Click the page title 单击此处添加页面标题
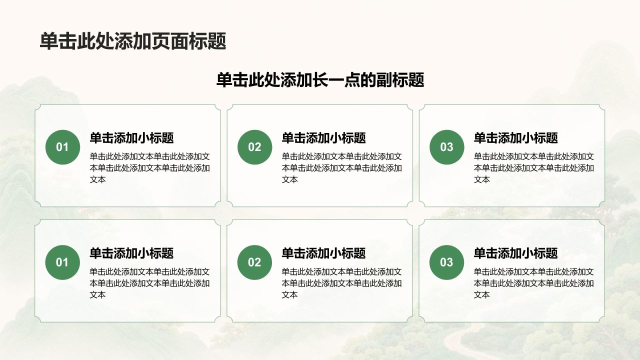pyautogui.click(x=133, y=41)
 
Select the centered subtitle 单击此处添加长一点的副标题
pyautogui.click(x=320, y=80)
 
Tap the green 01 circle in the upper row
pyautogui.click(x=62, y=147)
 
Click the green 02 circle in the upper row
pyautogui.click(x=254, y=147)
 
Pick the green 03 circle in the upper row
pyautogui.click(x=446, y=147)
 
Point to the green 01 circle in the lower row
pyautogui.click(x=62, y=262)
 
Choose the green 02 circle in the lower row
pyautogui.click(x=254, y=262)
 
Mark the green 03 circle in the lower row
pyautogui.click(x=446, y=262)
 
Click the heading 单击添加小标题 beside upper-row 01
pyautogui.click(x=131, y=138)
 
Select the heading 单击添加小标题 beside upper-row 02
pyautogui.click(x=323, y=138)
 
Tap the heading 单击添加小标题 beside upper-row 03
pyautogui.click(x=515, y=138)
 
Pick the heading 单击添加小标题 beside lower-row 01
pyautogui.click(x=131, y=253)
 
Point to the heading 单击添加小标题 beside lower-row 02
pyautogui.click(x=323, y=253)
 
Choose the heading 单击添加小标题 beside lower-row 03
pyautogui.click(x=515, y=253)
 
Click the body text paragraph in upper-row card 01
pyautogui.click(x=149, y=168)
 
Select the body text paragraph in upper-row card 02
pyautogui.click(x=341, y=168)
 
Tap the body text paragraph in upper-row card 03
pyautogui.click(x=533, y=168)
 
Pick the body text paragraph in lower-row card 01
pyautogui.click(x=149, y=283)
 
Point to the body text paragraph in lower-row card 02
pyautogui.click(x=341, y=283)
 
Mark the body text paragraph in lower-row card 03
pyautogui.click(x=533, y=283)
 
